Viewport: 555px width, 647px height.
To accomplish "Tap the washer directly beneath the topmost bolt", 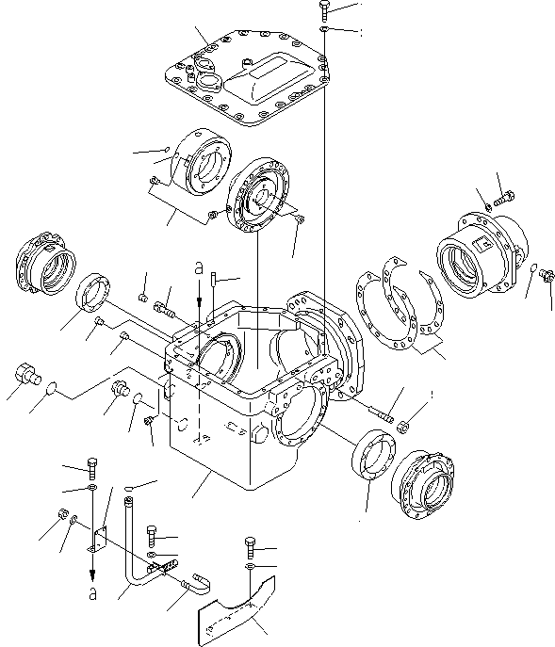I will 323,31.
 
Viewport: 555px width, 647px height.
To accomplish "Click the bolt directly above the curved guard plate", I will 249,547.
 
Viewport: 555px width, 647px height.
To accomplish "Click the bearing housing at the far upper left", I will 41,261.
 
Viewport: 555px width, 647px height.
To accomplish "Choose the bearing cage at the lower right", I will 424,485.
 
